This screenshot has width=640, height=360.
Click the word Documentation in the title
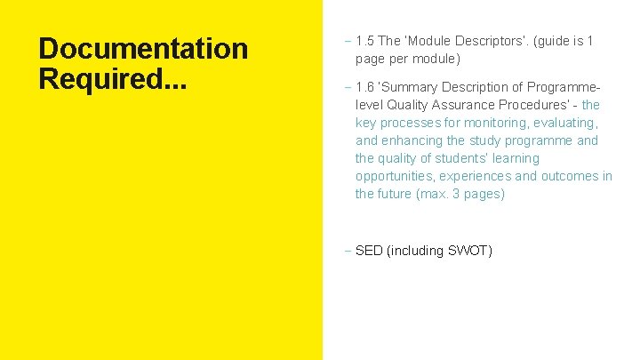(x=143, y=49)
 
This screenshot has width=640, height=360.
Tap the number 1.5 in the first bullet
(x=364, y=41)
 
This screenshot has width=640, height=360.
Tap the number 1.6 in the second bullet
(x=364, y=87)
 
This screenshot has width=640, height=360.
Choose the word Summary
(x=410, y=87)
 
